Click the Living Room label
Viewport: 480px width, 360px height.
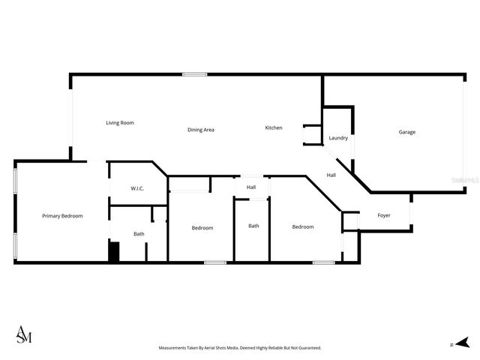[x=119, y=123]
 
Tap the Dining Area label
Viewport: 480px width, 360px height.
[x=201, y=130]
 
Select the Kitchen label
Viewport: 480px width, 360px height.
[x=274, y=128]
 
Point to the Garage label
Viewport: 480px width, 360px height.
[x=406, y=132]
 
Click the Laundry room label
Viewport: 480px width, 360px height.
[x=338, y=138]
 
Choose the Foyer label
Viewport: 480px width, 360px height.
[x=384, y=216]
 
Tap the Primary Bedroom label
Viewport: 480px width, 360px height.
[x=62, y=216]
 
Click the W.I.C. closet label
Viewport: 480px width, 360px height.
[x=137, y=188]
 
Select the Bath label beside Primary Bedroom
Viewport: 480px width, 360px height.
[x=139, y=234]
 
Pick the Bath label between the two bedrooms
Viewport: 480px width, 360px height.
[x=253, y=226]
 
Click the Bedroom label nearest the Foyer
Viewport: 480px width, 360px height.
[x=303, y=227]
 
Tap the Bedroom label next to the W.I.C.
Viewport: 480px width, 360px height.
[x=202, y=228]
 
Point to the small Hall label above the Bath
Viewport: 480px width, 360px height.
[x=251, y=187]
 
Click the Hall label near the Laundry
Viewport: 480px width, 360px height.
[x=331, y=175]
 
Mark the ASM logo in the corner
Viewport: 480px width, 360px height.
[x=24, y=335]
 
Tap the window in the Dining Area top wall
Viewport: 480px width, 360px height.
[x=195, y=73]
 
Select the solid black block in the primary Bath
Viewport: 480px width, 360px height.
[x=114, y=251]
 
